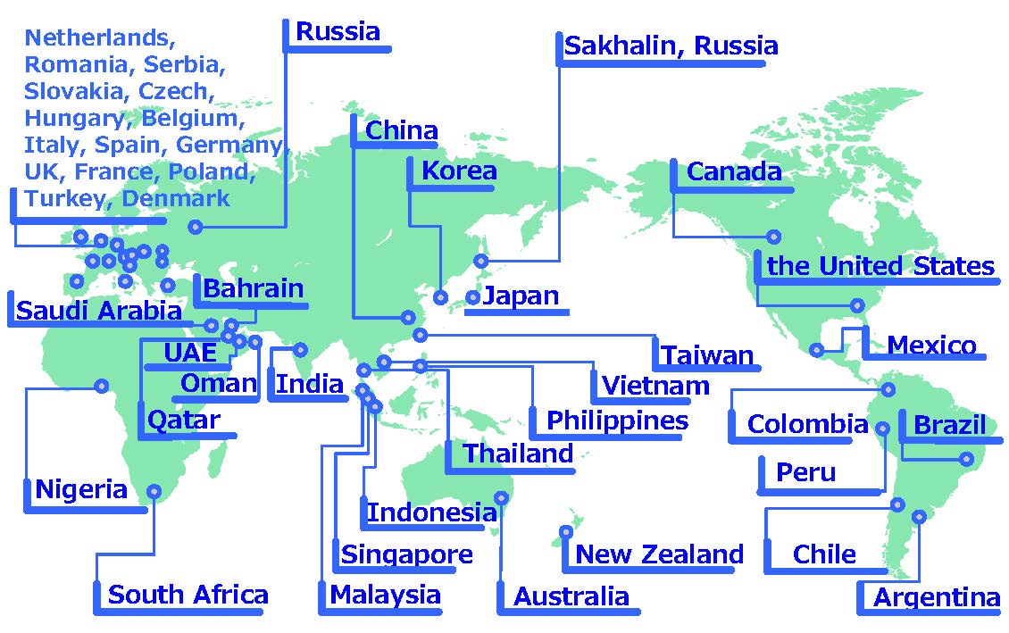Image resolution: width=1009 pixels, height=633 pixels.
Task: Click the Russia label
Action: (338, 32)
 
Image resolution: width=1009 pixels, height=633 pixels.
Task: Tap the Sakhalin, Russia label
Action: (671, 46)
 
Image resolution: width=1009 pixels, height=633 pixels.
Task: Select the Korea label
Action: (458, 171)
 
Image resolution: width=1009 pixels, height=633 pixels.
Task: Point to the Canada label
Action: (734, 172)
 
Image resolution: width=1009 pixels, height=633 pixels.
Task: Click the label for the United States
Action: (880, 266)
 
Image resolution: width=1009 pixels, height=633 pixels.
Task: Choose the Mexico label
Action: (931, 346)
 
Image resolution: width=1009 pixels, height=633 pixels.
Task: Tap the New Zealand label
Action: (659, 554)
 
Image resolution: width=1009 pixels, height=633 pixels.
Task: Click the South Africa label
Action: (188, 595)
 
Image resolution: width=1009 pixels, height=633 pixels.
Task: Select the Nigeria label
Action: (81, 490)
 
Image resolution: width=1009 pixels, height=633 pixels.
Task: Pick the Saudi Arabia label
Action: (99, 312)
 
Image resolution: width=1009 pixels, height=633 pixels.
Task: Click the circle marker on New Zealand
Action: (566, 532)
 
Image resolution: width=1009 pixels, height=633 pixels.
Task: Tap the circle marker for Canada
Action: (773, 237)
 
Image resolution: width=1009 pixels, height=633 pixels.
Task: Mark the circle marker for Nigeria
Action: (102, 386)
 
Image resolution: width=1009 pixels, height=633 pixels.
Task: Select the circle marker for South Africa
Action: (154, 491)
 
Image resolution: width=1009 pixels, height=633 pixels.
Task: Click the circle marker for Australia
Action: (502, 497)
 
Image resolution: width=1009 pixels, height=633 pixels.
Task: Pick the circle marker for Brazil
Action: (965, 459)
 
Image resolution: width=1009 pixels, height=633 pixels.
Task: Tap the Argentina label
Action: (937, 598)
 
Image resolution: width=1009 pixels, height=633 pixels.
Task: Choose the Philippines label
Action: (617, 421)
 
